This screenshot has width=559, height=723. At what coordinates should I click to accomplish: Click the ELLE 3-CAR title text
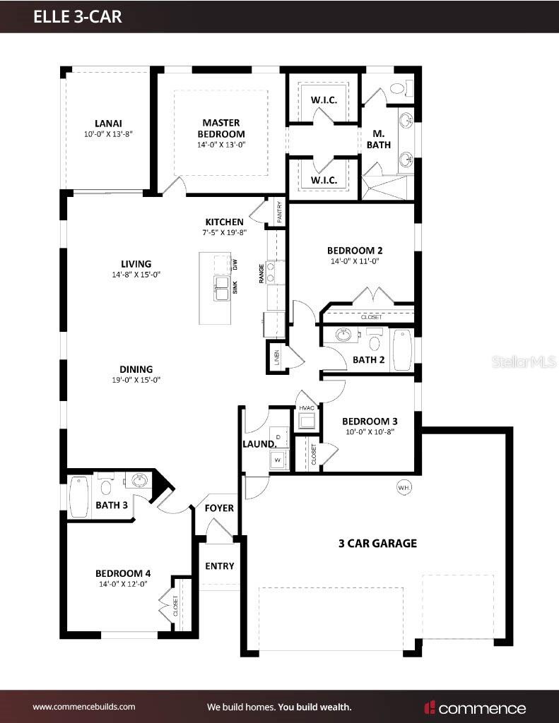(x=78, y=17)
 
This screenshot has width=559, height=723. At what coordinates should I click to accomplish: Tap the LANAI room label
(x=108, y=123)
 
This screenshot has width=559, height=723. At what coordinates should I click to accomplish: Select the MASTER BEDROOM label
(x=221, y=128)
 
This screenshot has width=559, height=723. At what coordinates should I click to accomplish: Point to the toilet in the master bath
(x=397, y=89)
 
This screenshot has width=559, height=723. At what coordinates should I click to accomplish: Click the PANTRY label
(x=279, y=213)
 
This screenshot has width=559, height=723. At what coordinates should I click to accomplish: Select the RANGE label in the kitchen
(x=261, y=273)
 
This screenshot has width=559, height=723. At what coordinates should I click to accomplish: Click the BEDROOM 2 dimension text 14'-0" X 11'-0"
(x=354, y=261)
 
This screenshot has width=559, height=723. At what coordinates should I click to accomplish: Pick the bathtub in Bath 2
(x=403, y=349)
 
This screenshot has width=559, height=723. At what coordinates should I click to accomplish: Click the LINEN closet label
(x=276, y=358)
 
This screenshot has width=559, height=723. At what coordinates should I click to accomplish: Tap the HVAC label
(x=307, y=408)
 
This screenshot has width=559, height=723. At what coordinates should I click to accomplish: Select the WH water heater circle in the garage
(x=404, y=487)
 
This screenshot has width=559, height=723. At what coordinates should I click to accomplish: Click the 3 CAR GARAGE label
(x=377, y=543)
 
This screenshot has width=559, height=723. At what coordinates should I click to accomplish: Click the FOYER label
(x=219, y=508)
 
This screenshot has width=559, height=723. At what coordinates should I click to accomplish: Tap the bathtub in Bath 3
(x=78, y=493)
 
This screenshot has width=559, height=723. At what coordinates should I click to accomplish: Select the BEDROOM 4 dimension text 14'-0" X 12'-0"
(x=123, y=584)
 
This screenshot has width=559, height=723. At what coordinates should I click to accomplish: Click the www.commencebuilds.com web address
(x=84, y=706)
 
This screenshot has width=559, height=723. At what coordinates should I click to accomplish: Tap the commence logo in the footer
(x=475, y=707)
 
